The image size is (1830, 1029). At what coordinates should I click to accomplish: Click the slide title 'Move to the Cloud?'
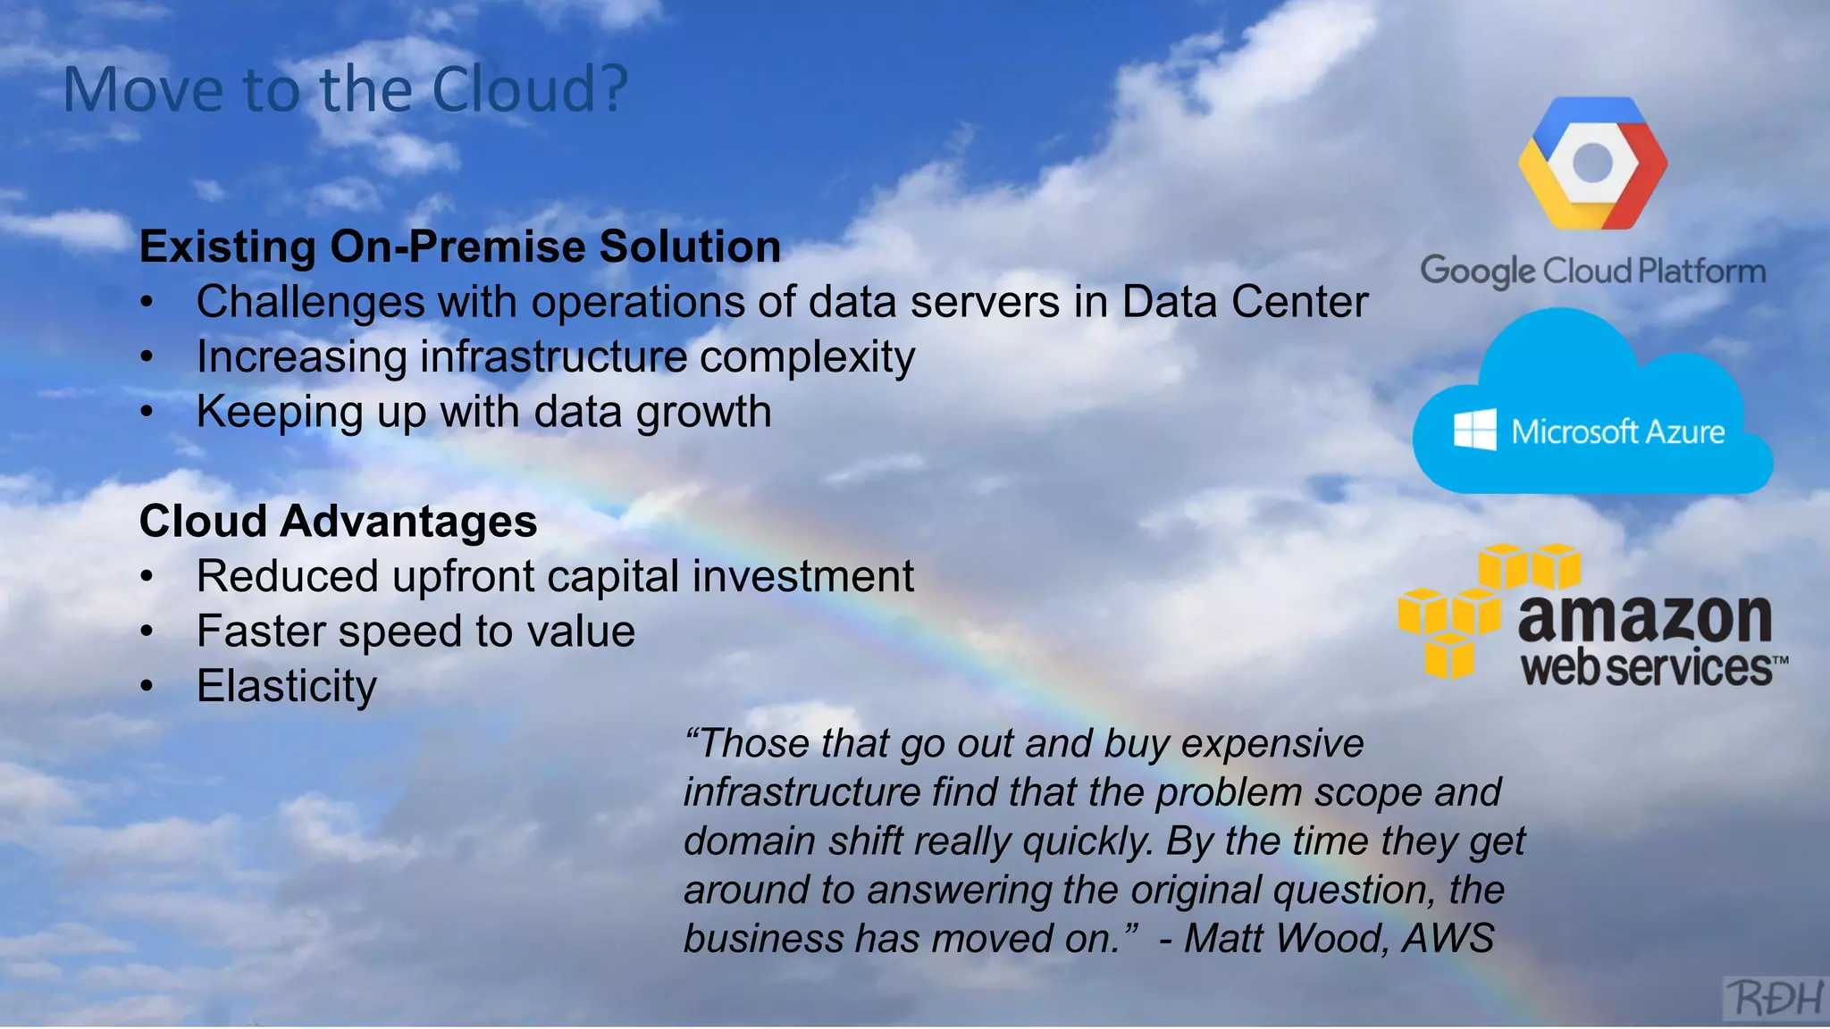pyautogui.click(x=346, y=89)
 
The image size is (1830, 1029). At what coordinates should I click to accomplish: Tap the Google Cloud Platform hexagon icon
pyautogui.click(x=1592, y=163)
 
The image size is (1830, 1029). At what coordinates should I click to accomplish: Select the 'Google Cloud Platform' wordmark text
pyautogui.click(x=1592, y=271)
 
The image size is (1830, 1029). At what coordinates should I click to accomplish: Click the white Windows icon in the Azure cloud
pyautogui.click(x=1474, y=431)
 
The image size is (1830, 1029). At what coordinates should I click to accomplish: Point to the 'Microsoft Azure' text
pyautogui.click(x=1617, y=432)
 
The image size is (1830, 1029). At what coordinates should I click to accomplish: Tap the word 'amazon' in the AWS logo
pyautogui.click(x=1644, y=618)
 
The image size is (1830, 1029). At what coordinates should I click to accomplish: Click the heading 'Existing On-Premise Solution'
pyautogui.click(x=460, y=247)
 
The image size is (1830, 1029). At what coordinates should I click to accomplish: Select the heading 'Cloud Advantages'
pyautogui.click(x=338, y=521)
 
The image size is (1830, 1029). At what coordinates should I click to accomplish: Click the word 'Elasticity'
pyautogui.click(x=287, y=686)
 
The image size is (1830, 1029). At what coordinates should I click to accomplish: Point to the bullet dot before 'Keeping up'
pyautogui.click(x=147, y=413)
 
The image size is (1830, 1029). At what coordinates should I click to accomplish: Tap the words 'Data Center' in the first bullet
pyautogui.click(x=1245, y=302)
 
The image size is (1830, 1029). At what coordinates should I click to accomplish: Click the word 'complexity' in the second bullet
pyautogui.click(x=807, y=357)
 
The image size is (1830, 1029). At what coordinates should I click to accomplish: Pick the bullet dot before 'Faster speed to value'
pyautogui.click(x=147, y=632)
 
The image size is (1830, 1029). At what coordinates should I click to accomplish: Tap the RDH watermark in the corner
pyautogui.click(x=1775, y=998)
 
